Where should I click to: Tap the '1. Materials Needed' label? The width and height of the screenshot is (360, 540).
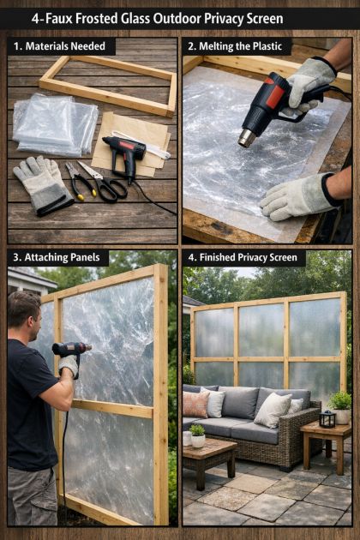point(59,46)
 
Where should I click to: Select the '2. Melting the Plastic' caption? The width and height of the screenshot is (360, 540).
point(236,46)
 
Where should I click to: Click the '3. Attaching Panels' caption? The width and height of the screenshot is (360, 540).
point(57,257)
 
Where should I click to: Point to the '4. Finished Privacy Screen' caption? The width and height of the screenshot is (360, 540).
point(243,257)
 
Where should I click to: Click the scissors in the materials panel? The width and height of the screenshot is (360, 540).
point(104,182)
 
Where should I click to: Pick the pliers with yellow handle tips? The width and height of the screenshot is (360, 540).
point(79,181)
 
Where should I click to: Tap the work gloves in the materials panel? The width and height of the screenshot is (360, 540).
point(42,184)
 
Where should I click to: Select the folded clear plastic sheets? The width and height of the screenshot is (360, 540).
point(55,124)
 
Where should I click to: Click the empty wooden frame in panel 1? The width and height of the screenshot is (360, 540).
point(108,86)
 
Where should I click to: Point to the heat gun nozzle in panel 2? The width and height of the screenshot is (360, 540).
point(247,138)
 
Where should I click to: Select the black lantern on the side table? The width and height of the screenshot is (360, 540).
point(327,419)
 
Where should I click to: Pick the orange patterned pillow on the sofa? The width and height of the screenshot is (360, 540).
point(195,405)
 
